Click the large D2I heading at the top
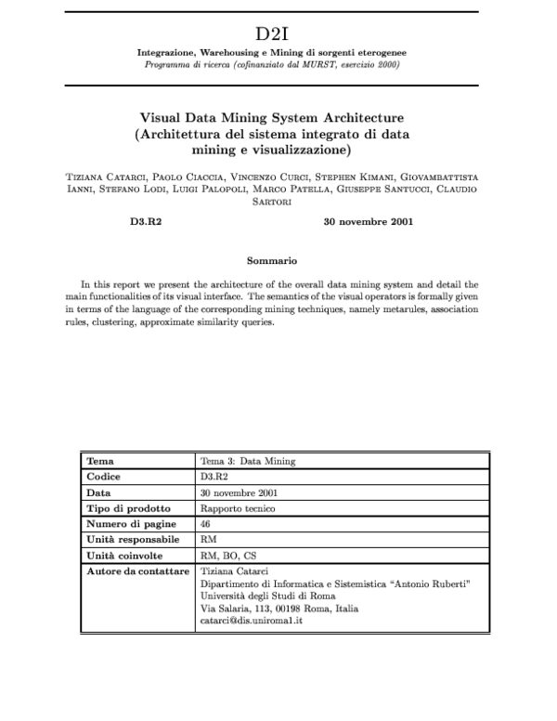click(278, 33)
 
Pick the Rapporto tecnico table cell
click(232, 508)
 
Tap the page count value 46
click(205, 524)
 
